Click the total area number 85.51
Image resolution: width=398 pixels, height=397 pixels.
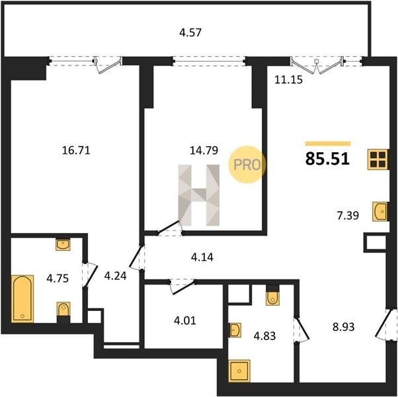[x=327, y=159]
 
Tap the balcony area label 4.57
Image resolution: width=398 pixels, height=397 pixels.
[x=190, y=33]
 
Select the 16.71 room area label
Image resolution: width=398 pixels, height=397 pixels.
[x=76, y=150]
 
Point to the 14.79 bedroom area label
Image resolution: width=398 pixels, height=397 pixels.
[x=204, y=150]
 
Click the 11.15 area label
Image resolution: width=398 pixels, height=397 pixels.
[x=289, y=80]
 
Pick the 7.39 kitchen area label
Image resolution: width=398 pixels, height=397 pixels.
[x=348, y=216]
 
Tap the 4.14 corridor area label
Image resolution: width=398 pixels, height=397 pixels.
[x=202, y=257]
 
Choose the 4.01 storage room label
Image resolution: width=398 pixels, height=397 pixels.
[x=185, y=320]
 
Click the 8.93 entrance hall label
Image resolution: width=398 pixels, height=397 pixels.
[x=344, y=327]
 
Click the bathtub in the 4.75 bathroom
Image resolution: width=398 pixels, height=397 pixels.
[x=22, y=298]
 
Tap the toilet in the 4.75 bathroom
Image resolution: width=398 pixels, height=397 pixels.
[x=63, y=312]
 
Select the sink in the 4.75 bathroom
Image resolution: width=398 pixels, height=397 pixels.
[x=63, y=245]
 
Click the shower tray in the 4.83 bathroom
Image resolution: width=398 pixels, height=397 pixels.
[x=239, y=371]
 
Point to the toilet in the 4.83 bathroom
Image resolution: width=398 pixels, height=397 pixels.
[x=272, y=295]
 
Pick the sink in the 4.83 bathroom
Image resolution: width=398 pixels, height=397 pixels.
[x=235, y=330]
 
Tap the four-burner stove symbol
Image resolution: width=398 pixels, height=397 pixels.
[x=378, y=159]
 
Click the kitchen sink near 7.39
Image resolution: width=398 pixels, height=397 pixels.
[x=380, y=211]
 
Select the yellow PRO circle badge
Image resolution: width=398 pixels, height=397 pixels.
[x=247, y=165]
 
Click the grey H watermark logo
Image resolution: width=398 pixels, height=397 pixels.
[x=199, y=195]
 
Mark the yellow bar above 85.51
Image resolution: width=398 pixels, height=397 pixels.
[x=328, y=144]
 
